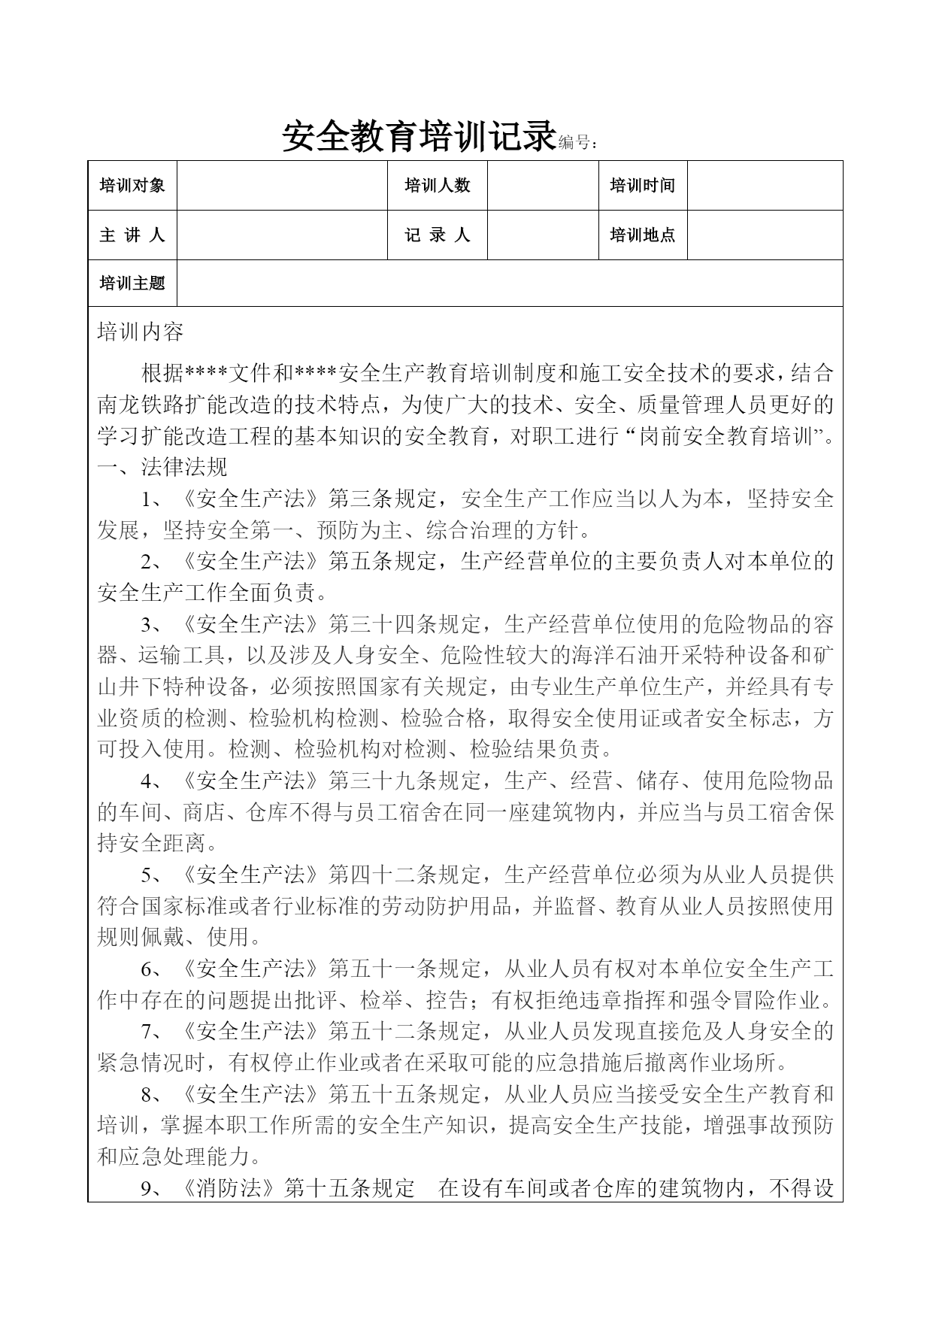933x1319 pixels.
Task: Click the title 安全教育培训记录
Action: pyautogui.click(x=418, y=136)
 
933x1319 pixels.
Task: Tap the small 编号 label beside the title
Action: pyautogui.click(x=578, y=142)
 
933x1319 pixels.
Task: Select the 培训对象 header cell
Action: pyautogui.click(x=132, y=185)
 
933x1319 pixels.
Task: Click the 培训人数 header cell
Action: pyautogui.click(x=437, y=185)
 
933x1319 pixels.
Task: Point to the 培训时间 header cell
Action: pyautogui.click(x=642, y=185)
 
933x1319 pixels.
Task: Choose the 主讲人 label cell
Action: pyautogui.click(x=132, y=235)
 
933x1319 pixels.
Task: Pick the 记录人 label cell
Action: pyautogui.click(x=437, y=235)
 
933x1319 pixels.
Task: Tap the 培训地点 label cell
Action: pyautogui.click(x=642, y=235)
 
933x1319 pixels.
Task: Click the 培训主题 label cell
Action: pyautogui.click(x=132, y=283)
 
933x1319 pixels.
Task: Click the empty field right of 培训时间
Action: pyautogui.click(x=765, y=185)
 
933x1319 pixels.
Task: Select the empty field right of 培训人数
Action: pyautogui.click(x=542, y=185)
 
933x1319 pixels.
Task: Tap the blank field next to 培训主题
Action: pyautogui.click(x=509, y=283)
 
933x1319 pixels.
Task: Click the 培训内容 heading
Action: pyautogui.click(x=141, y=332)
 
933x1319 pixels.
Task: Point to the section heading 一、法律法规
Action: pyautogui.click(x=162, y=467)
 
